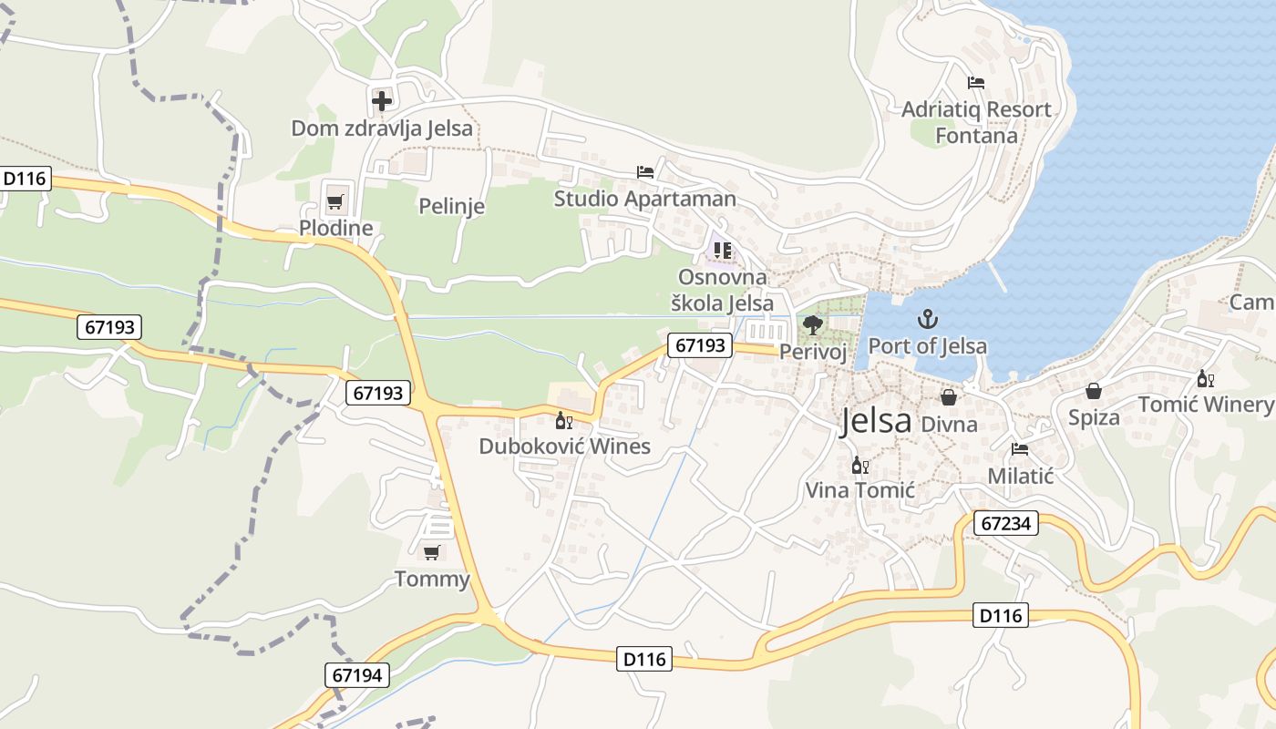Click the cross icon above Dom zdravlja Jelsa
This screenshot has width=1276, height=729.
coord(382,100)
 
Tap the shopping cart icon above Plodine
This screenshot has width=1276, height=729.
coord(334,201)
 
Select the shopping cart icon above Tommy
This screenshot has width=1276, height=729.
coord(431,552)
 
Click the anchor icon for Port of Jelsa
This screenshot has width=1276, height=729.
coord(927,319)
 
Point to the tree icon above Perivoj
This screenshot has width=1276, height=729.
coord(812,324)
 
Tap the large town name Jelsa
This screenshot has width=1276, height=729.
coord(875,421)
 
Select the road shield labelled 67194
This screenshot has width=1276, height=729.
coord(357,675)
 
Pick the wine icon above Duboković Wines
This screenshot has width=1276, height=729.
coord(564,420)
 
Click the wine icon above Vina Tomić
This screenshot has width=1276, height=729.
coord(859,466)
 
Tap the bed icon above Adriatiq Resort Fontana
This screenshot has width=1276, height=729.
coord(976,83)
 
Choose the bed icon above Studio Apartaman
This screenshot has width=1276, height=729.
coord(645,171)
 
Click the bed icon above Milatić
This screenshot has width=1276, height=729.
coord(1020,449)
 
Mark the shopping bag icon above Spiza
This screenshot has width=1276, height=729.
coord(1094,391)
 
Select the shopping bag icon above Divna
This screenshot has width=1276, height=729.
coord(949,397)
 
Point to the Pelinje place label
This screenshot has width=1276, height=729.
coord(451,207)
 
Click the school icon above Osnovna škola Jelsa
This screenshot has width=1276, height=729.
coord(723,249)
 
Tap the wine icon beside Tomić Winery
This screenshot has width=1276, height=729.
coord(1205,379)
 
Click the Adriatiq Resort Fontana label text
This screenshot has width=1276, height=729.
coord(976,122)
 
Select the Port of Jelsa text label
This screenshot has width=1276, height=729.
coord(927,346)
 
